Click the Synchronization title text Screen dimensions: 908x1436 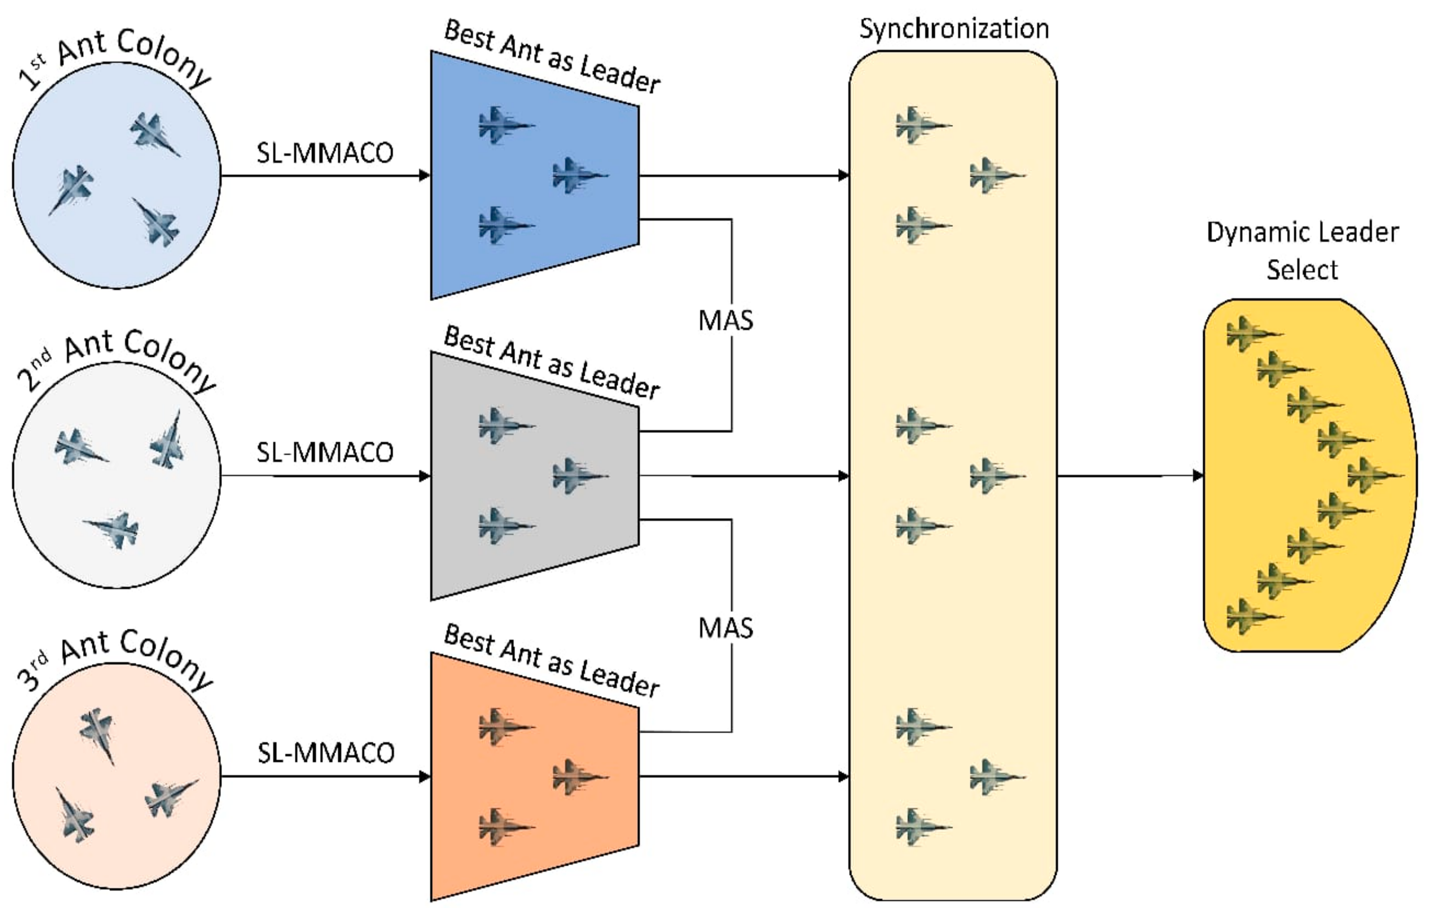point(954,29)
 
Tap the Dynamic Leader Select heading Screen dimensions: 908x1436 point(1303,250)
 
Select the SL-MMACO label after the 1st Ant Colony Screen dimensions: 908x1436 point(325,153)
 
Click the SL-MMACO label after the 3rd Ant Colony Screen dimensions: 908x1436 point(326,753)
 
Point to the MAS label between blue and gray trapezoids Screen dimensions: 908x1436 point(726,321)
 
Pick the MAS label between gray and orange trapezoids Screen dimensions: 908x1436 point(726,628)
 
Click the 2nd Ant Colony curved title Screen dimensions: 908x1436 point(116,360)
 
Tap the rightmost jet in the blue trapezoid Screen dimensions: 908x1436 point(578,175)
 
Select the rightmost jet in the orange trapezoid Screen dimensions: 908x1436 point(578,777)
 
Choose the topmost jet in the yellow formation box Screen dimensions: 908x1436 point(1252,334)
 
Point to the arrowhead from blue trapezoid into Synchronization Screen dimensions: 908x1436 point(843,175)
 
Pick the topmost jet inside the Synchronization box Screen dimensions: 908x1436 point(921,125)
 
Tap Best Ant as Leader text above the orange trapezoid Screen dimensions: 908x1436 point(552,660)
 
